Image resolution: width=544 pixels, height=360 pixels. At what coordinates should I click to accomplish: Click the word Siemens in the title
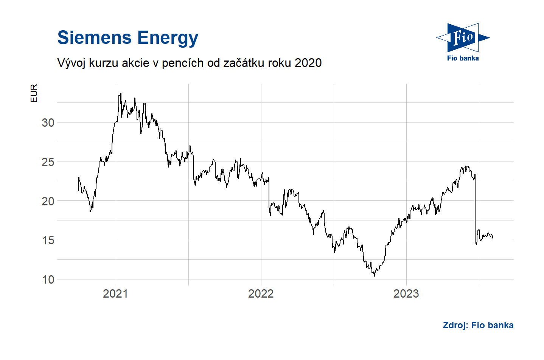(95, 38)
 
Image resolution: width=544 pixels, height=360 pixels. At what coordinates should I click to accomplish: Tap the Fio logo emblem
(463, 38)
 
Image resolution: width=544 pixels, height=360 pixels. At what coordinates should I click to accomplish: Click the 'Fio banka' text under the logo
(463, 58)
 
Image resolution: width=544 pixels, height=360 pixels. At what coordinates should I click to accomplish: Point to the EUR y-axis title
(34, 93)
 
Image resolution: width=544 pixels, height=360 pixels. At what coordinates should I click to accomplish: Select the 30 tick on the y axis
(48, 123)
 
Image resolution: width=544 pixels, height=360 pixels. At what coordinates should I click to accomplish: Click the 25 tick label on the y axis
(48, 162)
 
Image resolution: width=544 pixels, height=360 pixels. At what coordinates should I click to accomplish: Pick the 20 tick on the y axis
(48, 201)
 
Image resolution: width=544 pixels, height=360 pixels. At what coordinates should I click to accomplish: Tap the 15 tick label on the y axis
(48, 241)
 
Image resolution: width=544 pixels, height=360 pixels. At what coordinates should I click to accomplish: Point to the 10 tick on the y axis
(48, 280)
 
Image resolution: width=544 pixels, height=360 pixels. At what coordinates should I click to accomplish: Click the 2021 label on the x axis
(115, 294)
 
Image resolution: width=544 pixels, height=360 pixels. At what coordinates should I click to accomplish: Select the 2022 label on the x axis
(261, 294)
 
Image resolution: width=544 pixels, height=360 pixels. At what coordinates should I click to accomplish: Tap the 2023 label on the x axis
(406, 294)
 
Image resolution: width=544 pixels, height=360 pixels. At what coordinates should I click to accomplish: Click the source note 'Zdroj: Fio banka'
(478, 325)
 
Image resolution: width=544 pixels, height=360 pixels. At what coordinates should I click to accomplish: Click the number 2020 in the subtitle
(308, 63)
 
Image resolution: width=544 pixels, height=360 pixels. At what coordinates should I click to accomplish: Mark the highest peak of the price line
(121, 93)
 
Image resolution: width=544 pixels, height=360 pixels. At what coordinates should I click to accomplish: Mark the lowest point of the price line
(374, 276)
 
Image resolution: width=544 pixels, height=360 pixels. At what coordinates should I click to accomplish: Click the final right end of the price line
(493, 239)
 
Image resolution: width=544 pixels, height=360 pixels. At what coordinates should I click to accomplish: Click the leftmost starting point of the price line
(78, 191)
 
